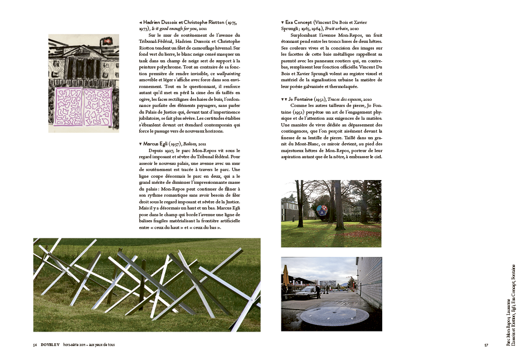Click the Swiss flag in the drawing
112,42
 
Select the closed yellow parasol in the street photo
286,276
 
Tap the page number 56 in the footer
35,346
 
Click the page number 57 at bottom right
486,346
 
